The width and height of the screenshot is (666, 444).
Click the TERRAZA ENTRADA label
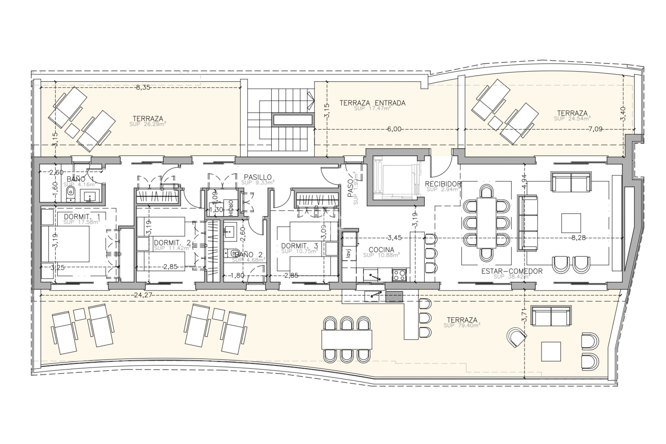coord(372,103)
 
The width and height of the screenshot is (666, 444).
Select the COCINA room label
coord(381,250)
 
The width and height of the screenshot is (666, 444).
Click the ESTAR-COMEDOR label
coord(512,271)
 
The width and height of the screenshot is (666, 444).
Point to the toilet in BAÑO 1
coord(70,193)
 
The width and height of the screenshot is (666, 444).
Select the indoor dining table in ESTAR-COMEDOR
coord(486,223)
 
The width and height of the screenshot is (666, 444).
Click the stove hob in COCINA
coord(399,275)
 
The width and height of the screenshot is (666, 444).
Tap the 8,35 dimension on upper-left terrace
coord(143,87)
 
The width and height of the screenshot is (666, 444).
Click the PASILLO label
coord(257,177)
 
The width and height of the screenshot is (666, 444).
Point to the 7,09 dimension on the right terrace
coord(595,129)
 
